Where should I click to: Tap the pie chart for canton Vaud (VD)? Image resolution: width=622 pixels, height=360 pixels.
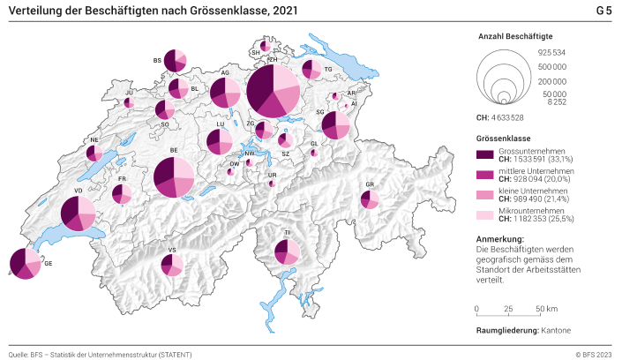tap(78, 213)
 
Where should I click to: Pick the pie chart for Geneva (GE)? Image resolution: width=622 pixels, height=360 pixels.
tap(25, 264)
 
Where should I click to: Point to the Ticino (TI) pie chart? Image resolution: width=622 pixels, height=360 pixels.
tap(287, 251)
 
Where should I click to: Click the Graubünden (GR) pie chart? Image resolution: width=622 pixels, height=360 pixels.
tap(371, 199)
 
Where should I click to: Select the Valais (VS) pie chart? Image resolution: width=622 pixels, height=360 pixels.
tap(173, 264)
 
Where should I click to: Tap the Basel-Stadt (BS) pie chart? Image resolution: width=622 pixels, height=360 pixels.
tap(176, 60)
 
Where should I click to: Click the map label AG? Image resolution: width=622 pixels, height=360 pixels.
tap(225, 72)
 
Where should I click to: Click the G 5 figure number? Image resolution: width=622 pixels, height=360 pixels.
tap(603, 11)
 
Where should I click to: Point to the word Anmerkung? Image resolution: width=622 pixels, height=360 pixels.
tap(499, 239)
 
